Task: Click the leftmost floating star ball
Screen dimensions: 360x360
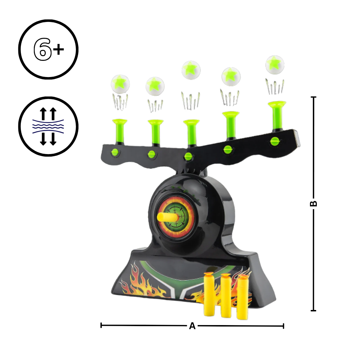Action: (x=120, y=84)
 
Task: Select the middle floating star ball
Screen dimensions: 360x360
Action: (x=191, y=70)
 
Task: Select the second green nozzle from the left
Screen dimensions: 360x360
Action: (x=156, y=131)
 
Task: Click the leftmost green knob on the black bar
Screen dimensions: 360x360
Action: (x=115, y=152)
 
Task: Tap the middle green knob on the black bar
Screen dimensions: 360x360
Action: (x=188, y=157)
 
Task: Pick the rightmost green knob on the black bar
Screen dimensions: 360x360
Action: (x=275, y=141)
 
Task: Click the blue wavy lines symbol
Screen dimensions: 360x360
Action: (x=48, y=126)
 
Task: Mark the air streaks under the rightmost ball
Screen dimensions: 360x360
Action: (x=275, y=86)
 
